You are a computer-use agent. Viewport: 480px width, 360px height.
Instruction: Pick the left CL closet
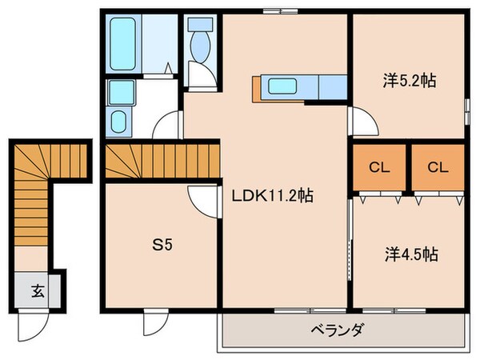click(379, 168)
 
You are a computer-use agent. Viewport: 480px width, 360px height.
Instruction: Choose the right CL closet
click(437, 168)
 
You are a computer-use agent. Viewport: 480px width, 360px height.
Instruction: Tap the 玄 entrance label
click(38, 290)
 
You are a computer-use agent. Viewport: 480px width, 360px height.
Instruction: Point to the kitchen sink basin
click(284, 86)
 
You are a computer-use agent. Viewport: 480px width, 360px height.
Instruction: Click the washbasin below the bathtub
click(120, 122)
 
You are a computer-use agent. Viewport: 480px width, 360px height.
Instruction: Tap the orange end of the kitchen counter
click(256, 88)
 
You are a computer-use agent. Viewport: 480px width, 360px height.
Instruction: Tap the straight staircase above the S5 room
click(161, 162)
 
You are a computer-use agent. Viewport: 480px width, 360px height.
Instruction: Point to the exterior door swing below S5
click(152, 323)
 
